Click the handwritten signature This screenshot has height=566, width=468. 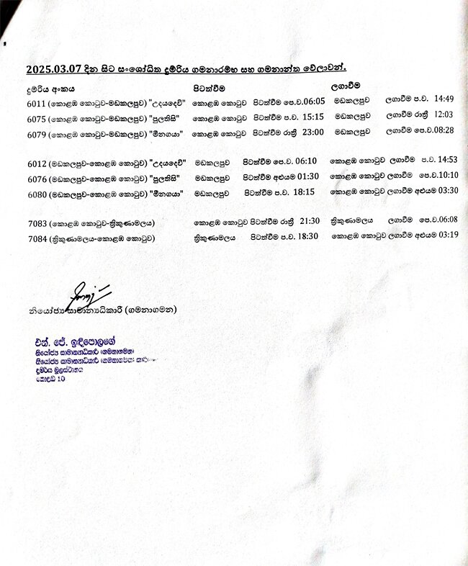pos(88,292)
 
